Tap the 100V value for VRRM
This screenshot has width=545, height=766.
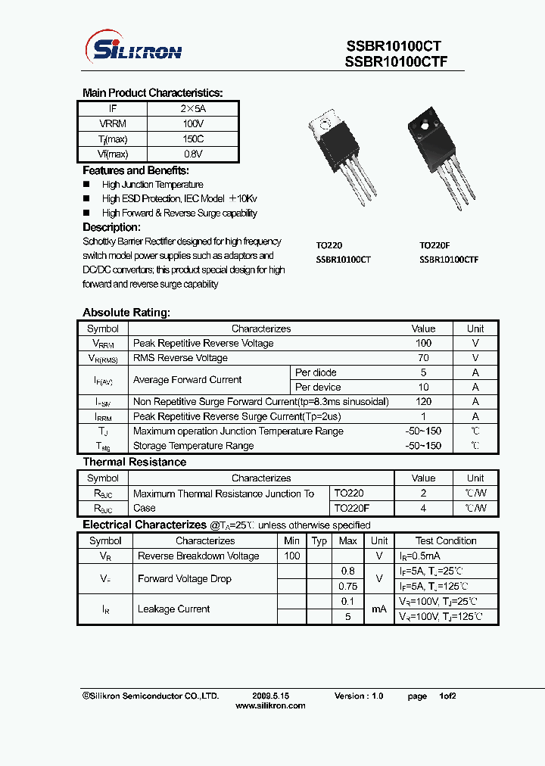click(194, 123)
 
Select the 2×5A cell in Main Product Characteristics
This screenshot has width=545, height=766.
click(194, 109)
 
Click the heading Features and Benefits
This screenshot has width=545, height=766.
click(135, 170)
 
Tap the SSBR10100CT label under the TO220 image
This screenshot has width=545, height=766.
click(343, 259)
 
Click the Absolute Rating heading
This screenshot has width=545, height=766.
click(126, 313)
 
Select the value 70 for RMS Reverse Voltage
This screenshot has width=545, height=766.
click(423, 357)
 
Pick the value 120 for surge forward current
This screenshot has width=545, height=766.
click(423, 401)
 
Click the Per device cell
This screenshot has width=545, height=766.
click(318, 387)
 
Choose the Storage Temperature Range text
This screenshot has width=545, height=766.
click(193, 446)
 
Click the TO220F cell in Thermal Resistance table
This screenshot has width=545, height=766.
click(352, 508)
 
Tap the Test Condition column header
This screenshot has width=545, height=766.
click(446, 540)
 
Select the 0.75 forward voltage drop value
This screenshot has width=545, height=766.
click(347, 586)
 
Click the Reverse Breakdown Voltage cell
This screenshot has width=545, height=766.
click(198, 556)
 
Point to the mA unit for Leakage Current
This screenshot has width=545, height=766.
click(379, 609)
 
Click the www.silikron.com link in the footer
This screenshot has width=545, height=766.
click(271, 705)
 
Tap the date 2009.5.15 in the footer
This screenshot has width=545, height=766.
click(271, 696)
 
